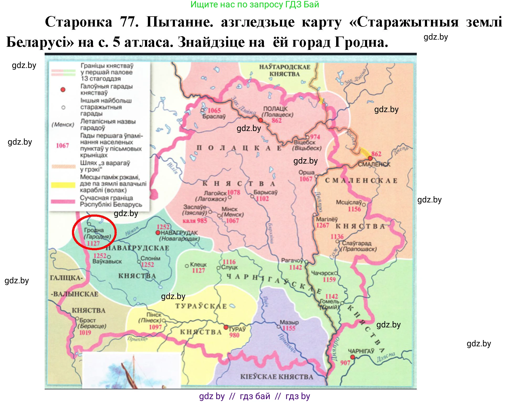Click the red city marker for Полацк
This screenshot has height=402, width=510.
260,120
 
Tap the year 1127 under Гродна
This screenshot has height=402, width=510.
93,243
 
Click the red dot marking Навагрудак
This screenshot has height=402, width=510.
158,233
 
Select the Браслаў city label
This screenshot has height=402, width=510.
214,117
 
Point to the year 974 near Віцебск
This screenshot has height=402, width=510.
315,137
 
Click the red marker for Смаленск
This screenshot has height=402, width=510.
370,158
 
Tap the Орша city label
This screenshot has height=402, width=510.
306,173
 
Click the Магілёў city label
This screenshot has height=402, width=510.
327,219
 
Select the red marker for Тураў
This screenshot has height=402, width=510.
226,327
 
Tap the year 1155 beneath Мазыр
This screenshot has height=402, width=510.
289,328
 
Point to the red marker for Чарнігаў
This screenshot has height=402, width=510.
352,357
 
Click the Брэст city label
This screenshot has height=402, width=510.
87,320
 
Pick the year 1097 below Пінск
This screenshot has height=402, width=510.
155,327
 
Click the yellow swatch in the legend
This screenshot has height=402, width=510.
63,185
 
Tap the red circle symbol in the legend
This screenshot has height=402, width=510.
63,90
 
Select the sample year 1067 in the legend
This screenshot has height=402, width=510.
63,145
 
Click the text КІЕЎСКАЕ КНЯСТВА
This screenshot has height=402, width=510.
277,377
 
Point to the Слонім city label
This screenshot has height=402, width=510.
150,258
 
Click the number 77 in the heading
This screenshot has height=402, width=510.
129,22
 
